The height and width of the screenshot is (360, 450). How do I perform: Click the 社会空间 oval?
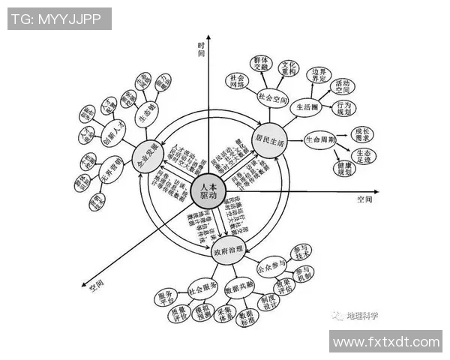coord(273,97)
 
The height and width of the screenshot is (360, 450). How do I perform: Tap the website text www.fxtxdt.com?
coord(385,341)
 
